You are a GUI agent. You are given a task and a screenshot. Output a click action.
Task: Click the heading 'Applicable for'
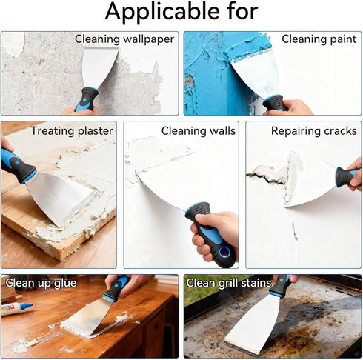click(181, 12)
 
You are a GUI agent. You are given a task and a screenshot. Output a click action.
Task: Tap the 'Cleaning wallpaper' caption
click(124, 39)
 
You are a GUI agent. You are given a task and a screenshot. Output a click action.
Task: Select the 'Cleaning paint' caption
click(319, 39)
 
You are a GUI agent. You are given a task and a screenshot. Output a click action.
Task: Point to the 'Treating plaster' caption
click(72, 131)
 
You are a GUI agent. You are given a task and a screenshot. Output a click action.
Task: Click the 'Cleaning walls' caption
click(199, 130)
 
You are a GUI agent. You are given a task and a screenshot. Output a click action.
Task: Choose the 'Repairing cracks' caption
click(314, 131)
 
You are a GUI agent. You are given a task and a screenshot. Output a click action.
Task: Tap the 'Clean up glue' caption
click(41, 283)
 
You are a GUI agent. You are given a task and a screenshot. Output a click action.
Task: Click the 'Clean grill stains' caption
click(229, 283)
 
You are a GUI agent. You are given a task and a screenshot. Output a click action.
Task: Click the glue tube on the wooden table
click(16, 308)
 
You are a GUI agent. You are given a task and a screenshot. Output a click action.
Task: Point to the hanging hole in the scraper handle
click(224, 252)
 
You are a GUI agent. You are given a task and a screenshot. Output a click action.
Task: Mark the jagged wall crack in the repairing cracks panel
click(267, 176)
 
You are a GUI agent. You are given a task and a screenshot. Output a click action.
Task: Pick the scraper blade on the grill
click(253, 324)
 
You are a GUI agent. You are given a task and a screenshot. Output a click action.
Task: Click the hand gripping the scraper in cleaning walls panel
click(216, 236)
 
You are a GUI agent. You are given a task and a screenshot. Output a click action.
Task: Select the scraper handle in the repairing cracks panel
click(346, 176)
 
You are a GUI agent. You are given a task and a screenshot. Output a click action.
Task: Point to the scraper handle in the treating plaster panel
click(18, 165)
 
